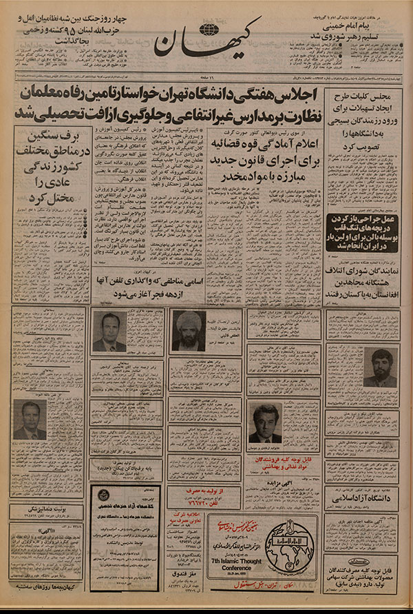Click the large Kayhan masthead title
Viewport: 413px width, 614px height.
pyautogui.click(x=206, y=41)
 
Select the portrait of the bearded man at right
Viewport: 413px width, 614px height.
pyautogui.click(x=380, y=367)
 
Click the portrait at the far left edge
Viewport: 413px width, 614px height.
pyautogui.click(x=30, y=420)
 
